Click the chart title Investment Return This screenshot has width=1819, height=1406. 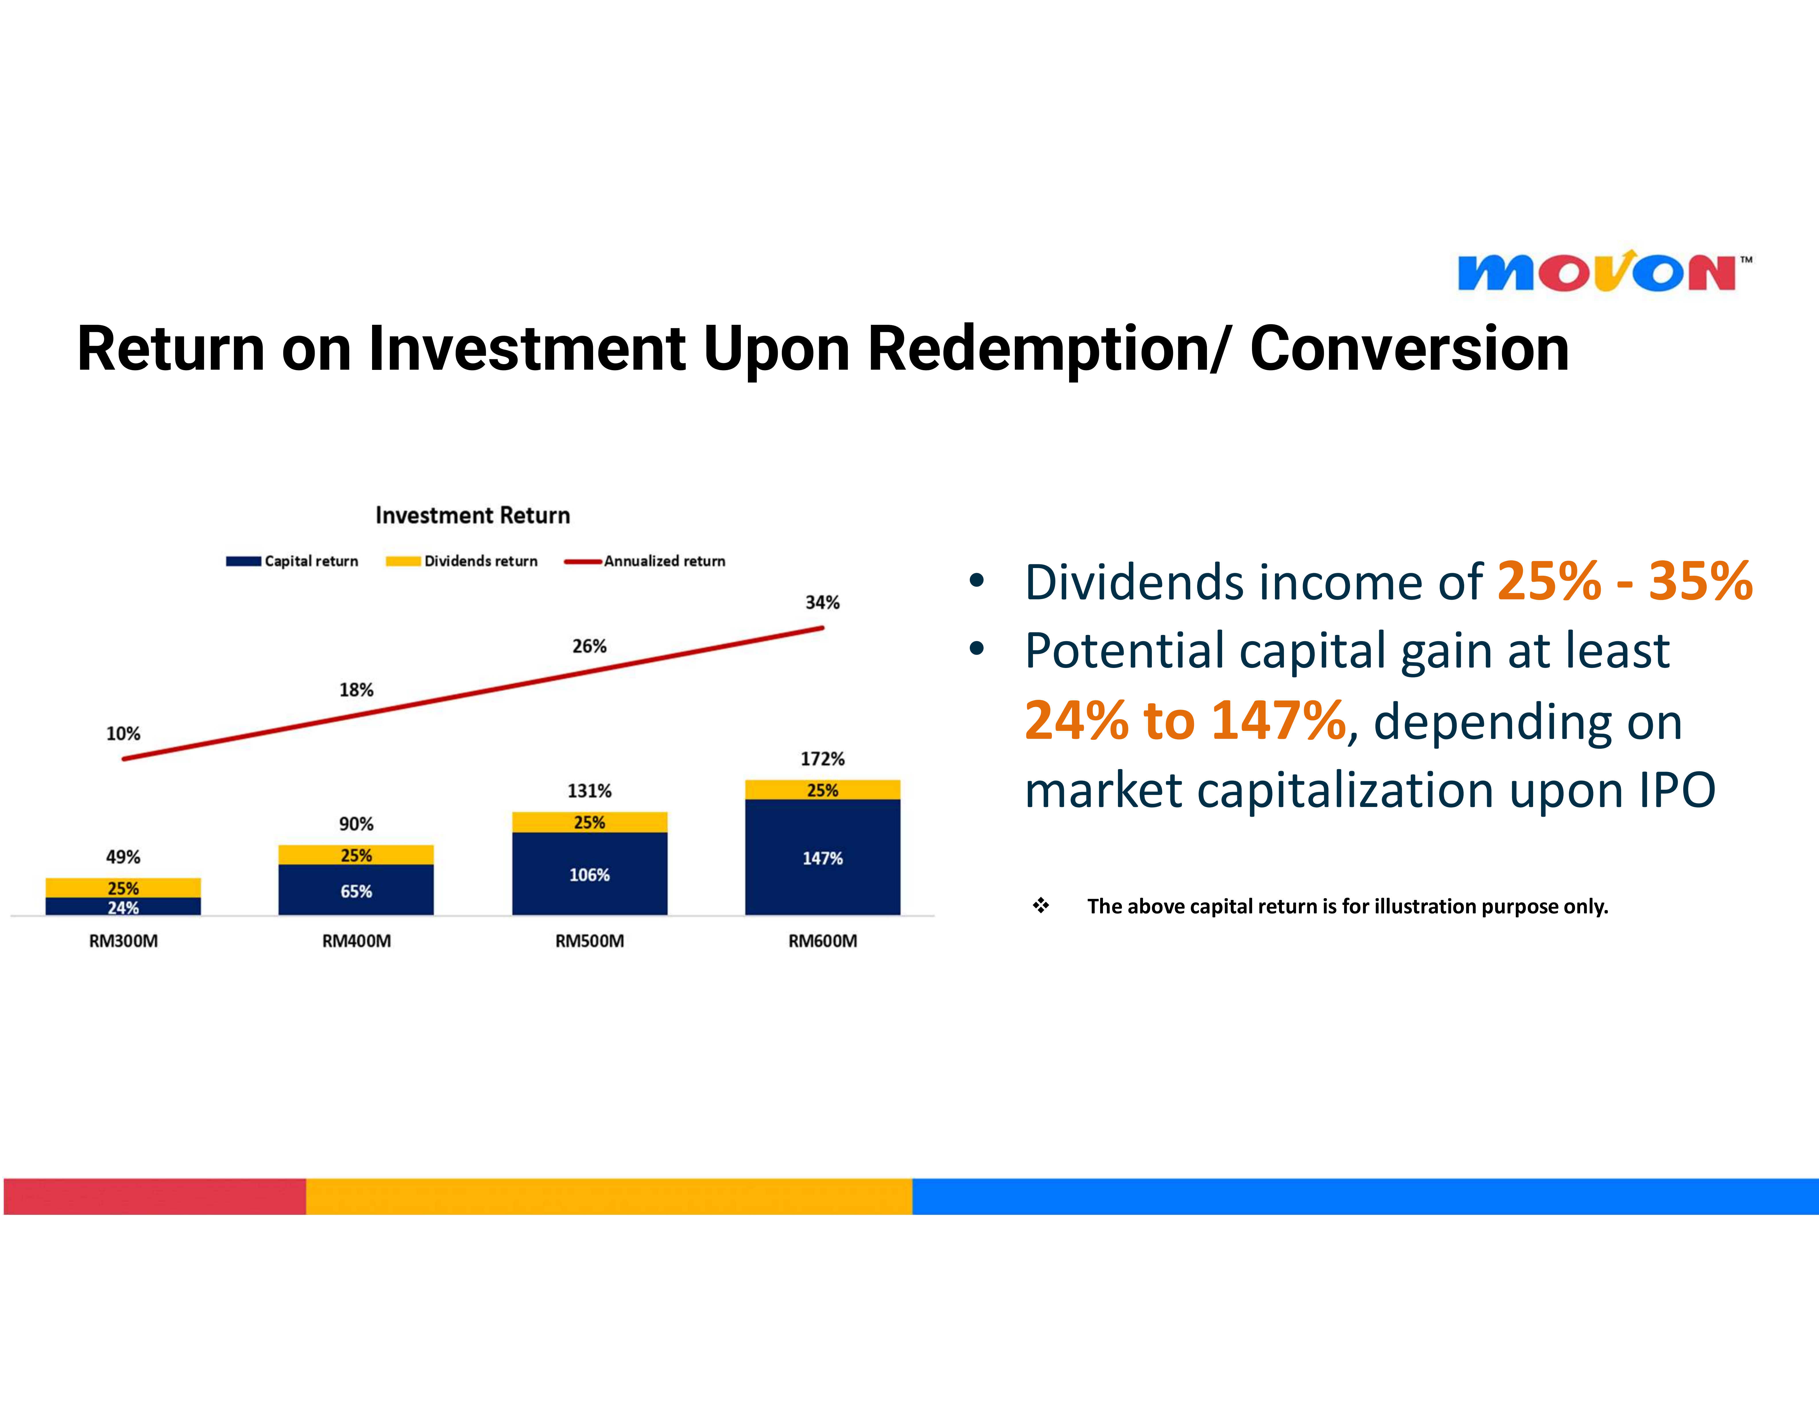(x=472, y=515)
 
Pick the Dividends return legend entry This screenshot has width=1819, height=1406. (x=461, y=561)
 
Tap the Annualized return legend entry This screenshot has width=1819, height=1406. (x=645, y=561)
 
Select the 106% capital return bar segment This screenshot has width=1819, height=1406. (x=590, y=874)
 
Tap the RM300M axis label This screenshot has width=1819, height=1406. (x=123, y=941)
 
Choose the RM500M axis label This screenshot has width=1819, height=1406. (x=590, y=941)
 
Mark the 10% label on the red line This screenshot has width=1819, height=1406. (x=123, y=734)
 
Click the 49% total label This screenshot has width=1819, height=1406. (x=123, y=857)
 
